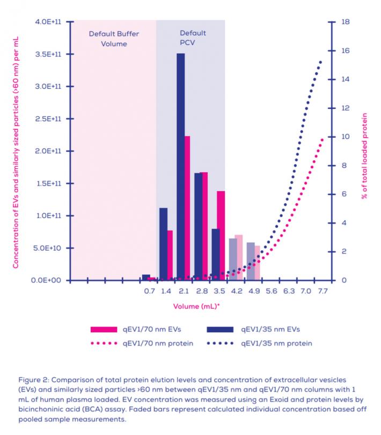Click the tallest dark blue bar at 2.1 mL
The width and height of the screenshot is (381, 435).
[181, 166]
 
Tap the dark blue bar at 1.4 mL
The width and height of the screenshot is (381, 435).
[163, 244]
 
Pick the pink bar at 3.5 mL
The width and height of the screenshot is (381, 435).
[221, 236]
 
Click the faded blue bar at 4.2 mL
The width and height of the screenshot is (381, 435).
[232, 259]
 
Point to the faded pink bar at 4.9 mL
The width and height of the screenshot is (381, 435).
[257, 263]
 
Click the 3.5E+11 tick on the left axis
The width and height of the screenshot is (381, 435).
[51, 54]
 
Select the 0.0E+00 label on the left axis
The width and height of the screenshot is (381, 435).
[51, 280]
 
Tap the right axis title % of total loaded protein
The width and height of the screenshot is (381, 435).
[364, 155]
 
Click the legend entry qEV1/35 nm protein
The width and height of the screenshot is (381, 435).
[276, 343]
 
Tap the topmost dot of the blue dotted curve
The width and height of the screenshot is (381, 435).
[320, 62]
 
